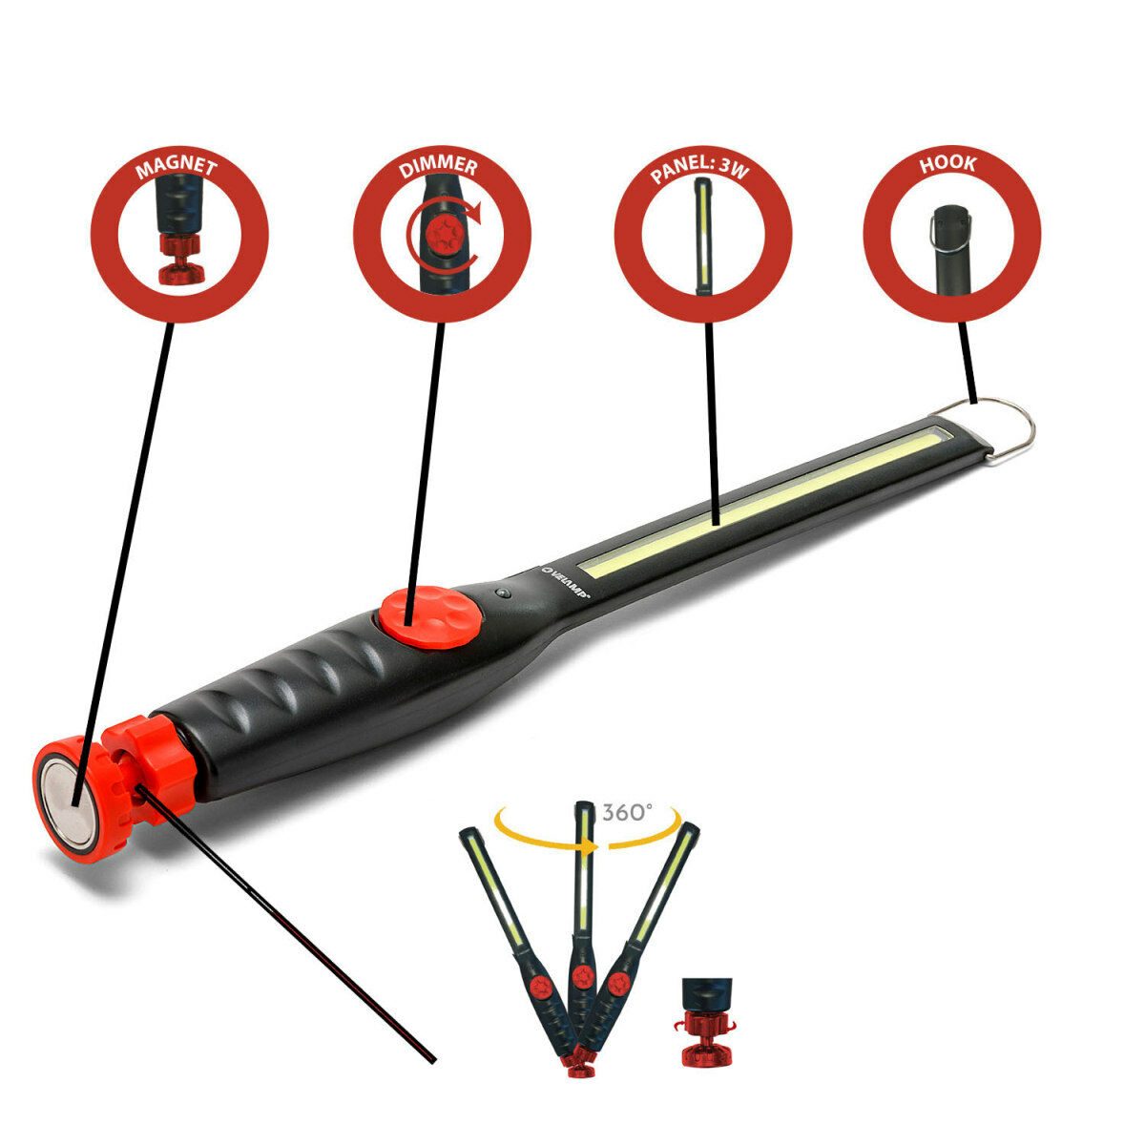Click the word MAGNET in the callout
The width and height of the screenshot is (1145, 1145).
177,170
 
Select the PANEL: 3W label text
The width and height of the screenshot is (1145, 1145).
702,169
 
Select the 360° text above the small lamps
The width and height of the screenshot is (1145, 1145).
627,812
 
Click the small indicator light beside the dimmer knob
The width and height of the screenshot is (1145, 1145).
503,593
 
